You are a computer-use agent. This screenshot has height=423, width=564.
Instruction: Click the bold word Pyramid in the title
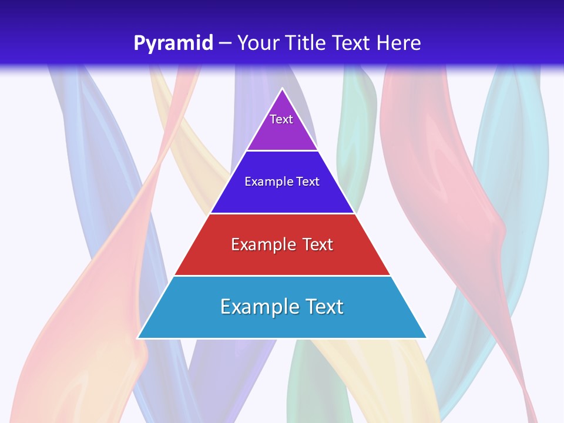(x=173, y=43)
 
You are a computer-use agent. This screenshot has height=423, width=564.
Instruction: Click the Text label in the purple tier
(x=281, y=119)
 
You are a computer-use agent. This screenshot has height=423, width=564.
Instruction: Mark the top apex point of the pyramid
(x=282, y=89)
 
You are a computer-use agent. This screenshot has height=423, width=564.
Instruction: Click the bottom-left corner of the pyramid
(x=138, y=338)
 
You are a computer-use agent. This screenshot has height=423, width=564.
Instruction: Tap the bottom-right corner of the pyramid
(x=426, y=338)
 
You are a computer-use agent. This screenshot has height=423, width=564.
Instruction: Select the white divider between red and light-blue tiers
(x=282, y=276)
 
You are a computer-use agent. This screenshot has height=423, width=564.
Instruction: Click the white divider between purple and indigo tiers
(x=282, y=150)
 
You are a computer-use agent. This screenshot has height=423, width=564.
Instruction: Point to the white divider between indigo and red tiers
(x=282, y=213)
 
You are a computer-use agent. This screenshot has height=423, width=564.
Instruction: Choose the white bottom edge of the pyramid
(x=282, y=338)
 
